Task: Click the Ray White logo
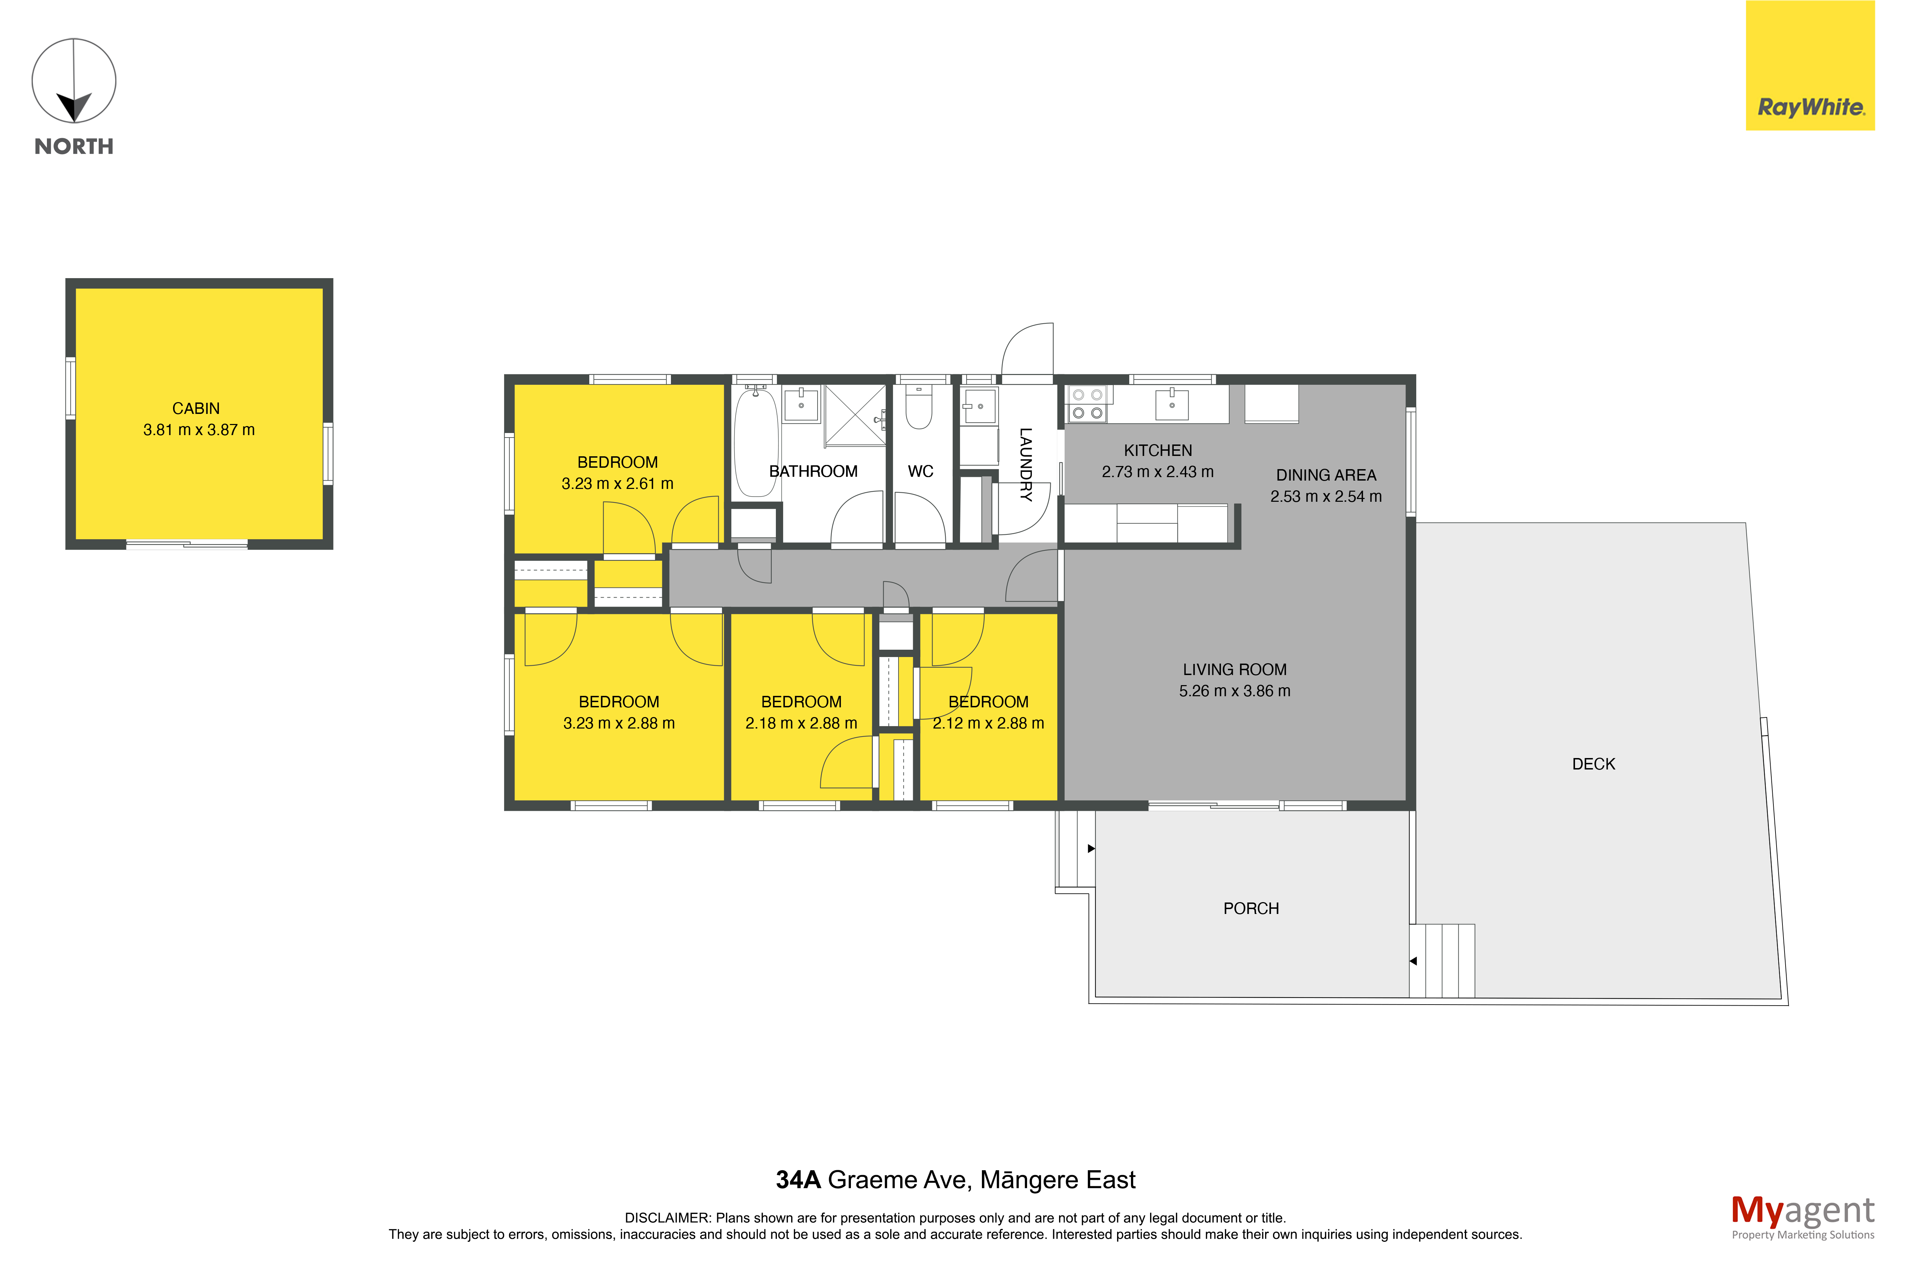click(1810, 65)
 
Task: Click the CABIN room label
click(196, 408)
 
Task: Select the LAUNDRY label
click(1026, 464)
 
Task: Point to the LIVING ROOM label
click(1235, 670)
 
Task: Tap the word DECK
click(1593, 764)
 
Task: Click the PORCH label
click(1251, 908)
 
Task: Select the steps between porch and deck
click(1442, 960)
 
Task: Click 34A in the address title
click(798, 1180)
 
